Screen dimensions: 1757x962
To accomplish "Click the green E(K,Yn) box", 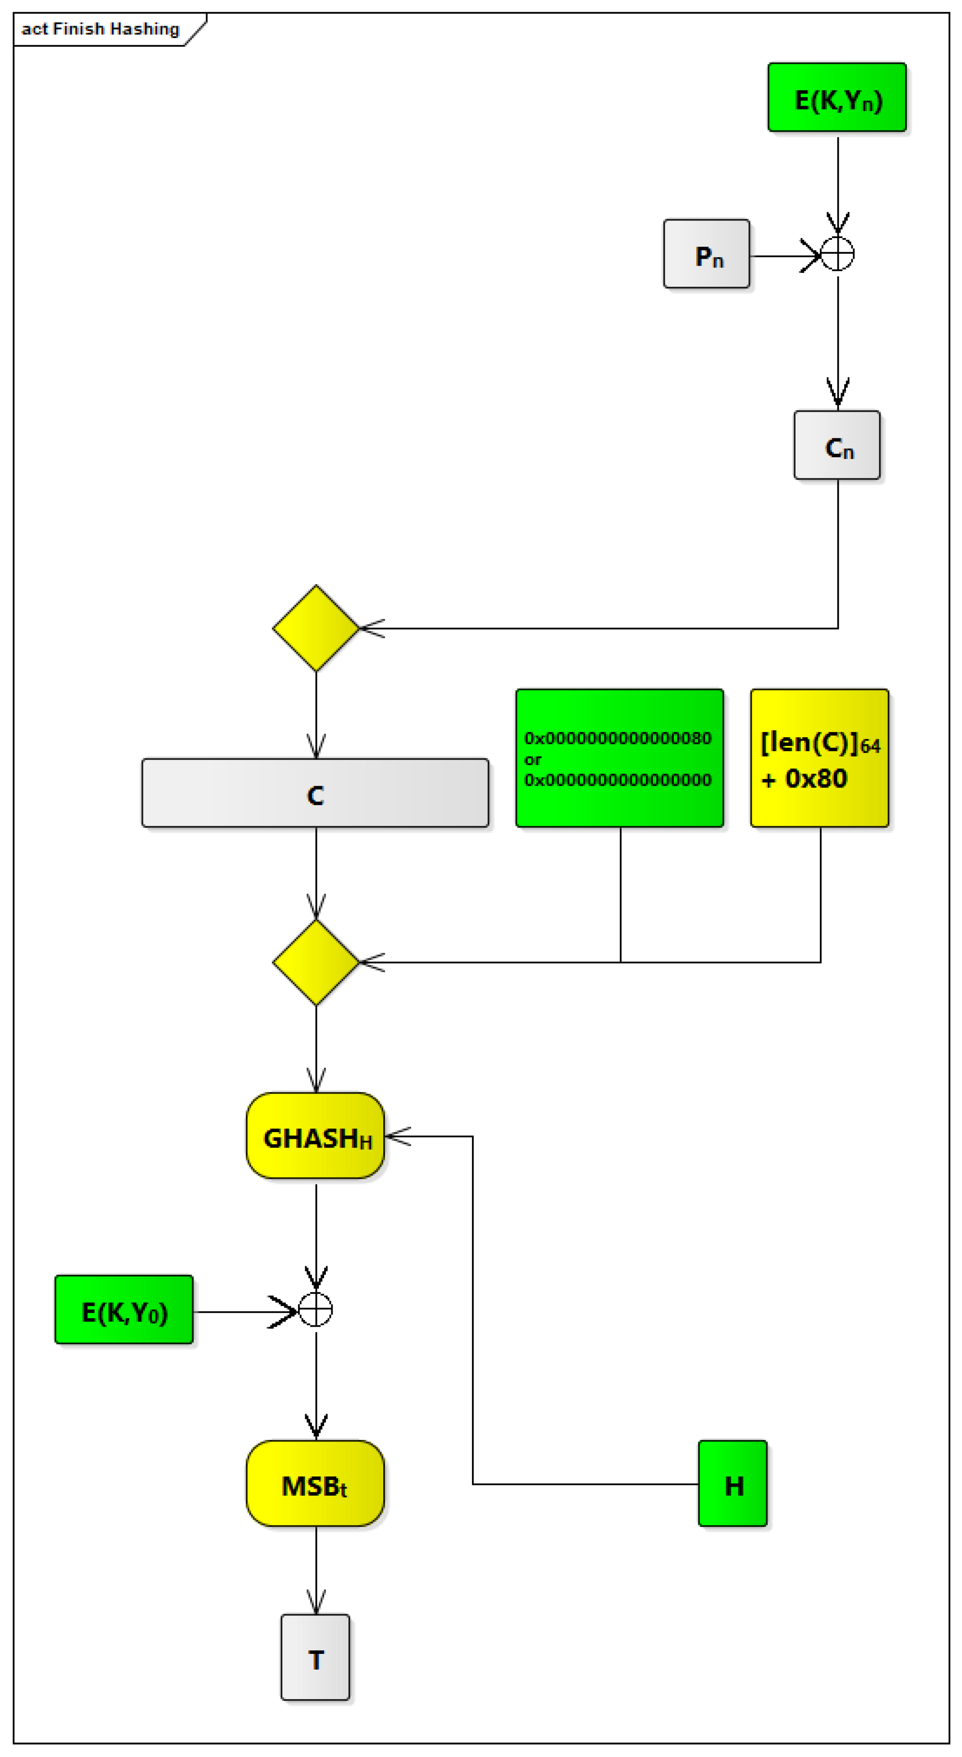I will (x=836, y=98).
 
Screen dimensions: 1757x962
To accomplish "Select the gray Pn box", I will (x=706, y=254).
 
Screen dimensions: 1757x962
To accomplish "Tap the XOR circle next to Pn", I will (x=837, y=254).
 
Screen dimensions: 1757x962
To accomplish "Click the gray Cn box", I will (x=836, y=446).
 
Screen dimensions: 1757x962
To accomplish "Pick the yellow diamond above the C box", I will (x=316, y=628).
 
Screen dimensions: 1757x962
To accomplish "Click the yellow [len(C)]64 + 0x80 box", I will (x=819, y=758).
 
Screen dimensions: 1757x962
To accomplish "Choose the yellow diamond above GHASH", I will (x=316, y=962).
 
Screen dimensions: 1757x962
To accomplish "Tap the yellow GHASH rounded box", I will (x=315, y=1136).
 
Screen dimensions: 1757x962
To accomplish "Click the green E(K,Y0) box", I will (x=124, y=1310).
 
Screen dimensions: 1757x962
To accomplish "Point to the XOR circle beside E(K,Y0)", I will (x=316, y=1310).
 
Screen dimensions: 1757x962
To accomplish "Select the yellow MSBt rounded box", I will (x=315, y=1484).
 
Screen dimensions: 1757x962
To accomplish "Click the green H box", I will (x=733, y=1484).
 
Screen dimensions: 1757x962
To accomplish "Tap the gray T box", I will (x=315, y=1657).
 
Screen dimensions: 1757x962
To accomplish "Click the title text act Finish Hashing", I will (x=100, y=29).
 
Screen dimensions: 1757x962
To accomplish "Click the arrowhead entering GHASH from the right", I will (x=396, y=1136).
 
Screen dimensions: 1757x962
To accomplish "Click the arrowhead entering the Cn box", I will (x=838, y=396).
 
